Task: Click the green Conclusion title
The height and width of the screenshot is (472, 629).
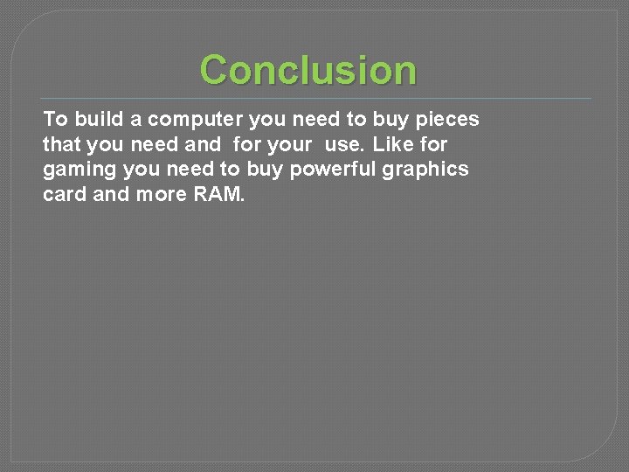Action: coord(308,70)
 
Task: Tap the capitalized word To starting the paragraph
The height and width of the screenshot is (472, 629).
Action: coord(54,119)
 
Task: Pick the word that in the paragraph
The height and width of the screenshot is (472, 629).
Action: coord(62,144)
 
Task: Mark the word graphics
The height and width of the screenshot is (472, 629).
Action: coord(425,170)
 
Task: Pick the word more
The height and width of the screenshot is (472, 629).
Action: coord(159,194)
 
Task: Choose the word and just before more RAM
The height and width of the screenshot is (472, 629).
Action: coord(111,194)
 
